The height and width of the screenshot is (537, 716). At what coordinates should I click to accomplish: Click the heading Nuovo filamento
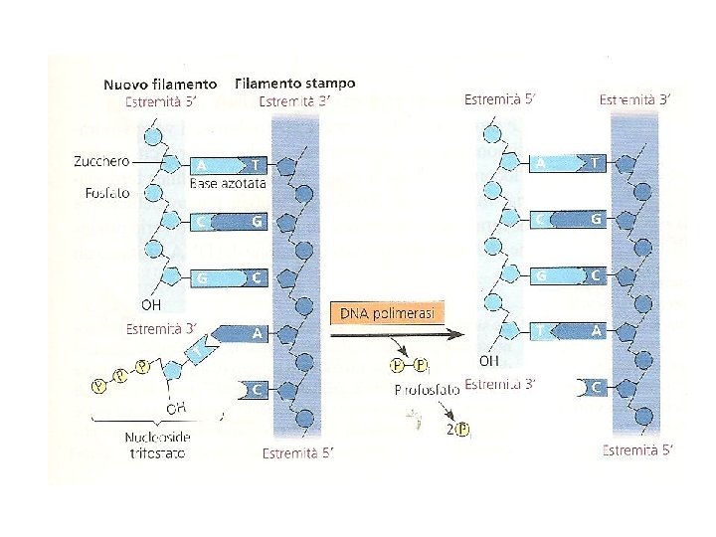click(x=161, y=85)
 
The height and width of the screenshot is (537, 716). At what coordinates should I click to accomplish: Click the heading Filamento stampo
click(x=295, y=84)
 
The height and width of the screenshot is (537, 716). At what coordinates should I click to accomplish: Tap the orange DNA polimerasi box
click(x=388, y=313)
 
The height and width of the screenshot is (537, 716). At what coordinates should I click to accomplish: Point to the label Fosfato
click(x=101, y=194)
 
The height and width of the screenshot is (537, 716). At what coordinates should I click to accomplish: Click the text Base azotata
click(x=228, y=184)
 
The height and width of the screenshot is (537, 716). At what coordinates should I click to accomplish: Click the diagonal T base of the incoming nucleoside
click(x=202, y=349)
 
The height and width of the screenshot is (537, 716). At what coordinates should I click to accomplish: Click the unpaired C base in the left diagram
click(x=256, y=390)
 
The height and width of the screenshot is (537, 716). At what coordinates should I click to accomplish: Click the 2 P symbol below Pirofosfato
click(x=457, y=430)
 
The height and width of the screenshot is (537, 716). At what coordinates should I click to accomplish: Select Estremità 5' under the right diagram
click(x=637, y=450)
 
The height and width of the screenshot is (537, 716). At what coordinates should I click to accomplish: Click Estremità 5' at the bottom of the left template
click(x=295, y=453)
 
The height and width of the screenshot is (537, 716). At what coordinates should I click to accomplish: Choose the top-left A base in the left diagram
click(x=203, y=165)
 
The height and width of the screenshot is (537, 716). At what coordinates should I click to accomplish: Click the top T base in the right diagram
click(x=594, y=162)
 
